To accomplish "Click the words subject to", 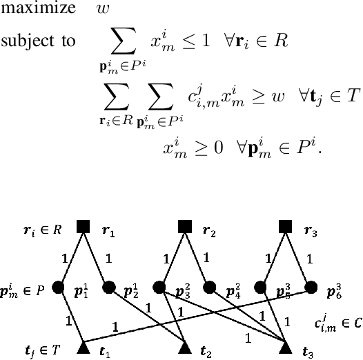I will pyautogui.click(x=37, y=41).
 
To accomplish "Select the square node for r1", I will pyautogui.click(x=84, y=226).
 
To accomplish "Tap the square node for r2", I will pyautogui.click(x=184, y=226).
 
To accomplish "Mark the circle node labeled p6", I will pyautogui.click(x=311, y=286).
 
